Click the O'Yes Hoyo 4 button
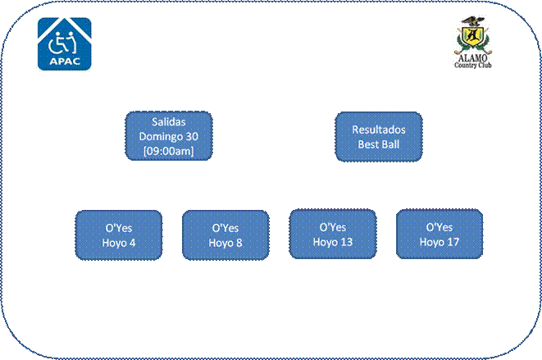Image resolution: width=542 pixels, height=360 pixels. click(119, 235)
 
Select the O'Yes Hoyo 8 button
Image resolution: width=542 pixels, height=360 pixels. click(225, 235)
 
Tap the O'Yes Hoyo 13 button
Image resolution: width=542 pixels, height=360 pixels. click(333, 234)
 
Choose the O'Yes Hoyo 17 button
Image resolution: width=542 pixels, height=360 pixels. click(440, 234)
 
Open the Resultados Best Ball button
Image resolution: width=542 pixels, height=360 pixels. click(379, 137)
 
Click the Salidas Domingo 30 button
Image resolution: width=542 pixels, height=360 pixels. click(169, 136)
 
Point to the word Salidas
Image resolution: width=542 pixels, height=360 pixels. click(169, 121)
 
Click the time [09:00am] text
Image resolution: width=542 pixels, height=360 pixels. click(169, 151)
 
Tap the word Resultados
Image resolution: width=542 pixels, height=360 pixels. click(379, 130)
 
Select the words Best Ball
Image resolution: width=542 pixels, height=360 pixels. click(379, 144)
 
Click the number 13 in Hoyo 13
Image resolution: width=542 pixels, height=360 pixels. click(346, 242)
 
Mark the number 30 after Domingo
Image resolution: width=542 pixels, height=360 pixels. click(192, 137)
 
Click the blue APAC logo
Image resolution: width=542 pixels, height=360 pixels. click(65, 44)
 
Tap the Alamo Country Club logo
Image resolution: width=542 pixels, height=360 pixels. click(473, 42)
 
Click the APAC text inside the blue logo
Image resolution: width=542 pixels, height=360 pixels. click(65, 62)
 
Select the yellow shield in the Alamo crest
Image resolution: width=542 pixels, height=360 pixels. click(472, 35)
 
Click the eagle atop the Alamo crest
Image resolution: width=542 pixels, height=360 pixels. click(472, 21)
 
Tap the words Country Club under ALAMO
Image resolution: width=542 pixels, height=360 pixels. click(473, 65)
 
